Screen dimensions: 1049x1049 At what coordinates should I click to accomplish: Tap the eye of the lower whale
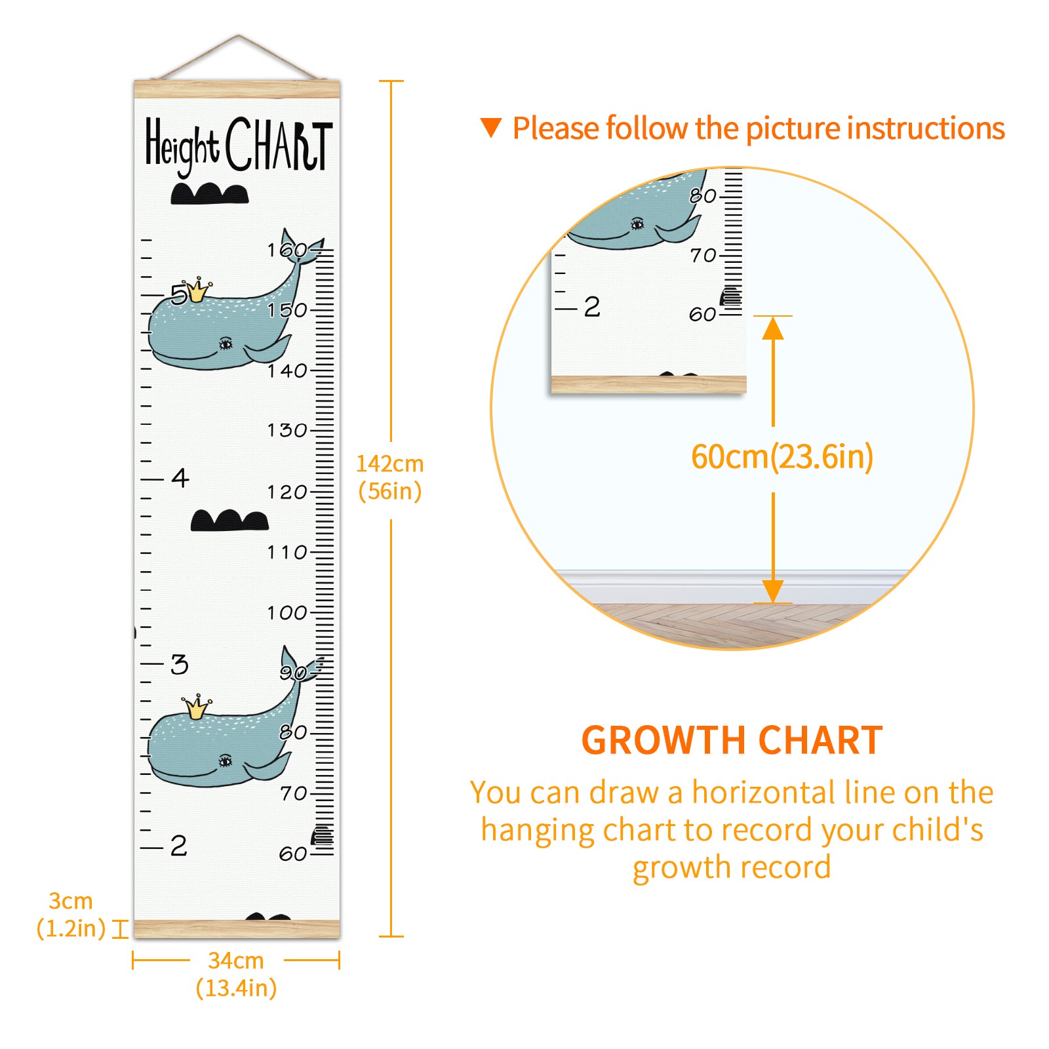click(225, 761)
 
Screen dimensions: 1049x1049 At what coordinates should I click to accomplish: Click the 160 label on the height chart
click(287, 250)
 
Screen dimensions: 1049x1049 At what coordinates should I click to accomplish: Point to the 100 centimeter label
click(287, 613)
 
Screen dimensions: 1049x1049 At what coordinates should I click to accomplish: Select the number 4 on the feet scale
click(180, 478)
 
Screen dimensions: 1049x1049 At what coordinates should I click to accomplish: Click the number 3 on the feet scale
click(180, 664)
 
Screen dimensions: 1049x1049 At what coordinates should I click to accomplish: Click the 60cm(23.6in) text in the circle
click(782, 457)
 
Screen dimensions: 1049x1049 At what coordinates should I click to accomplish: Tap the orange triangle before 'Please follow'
click(491, 127)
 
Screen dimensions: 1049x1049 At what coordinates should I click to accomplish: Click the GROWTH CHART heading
click(732, 740)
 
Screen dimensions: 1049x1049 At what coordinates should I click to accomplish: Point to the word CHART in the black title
click(279, 144)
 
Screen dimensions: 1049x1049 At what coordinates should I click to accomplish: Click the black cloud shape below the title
click(210, 193)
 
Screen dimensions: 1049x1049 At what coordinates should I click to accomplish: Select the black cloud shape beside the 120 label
click(229, 520)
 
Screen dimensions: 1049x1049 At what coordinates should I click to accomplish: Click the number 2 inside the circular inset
click(592, 306)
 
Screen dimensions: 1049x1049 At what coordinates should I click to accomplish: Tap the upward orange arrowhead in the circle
click(773, 328)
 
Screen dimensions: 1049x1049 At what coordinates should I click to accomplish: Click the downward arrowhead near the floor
click(773, 591)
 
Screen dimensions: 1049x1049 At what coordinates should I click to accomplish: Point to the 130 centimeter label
click(287, 430)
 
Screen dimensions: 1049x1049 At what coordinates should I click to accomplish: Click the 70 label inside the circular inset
click(703, 255)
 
